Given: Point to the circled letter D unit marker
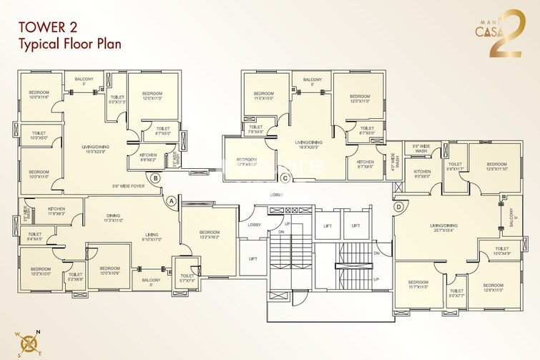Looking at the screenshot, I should tap(398, 207).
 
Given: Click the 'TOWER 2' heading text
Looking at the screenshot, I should tap(47, 27).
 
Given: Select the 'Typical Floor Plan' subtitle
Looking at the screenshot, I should tap(69, 44).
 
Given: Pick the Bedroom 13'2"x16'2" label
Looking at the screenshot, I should tap(210, 235).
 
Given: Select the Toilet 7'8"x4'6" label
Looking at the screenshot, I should tap(256, 130).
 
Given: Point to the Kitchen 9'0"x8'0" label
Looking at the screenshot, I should tap(422, 174).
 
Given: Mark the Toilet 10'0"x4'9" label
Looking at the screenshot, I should tap(502, 251).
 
